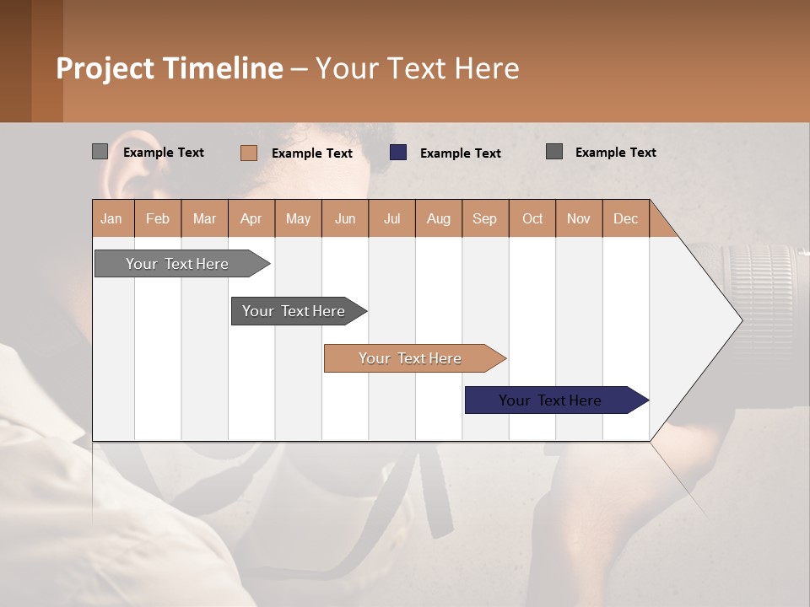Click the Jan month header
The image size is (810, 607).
112,218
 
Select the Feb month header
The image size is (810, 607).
158,218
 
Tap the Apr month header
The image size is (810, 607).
251,218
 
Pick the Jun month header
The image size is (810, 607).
345,218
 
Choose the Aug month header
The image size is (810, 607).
439,218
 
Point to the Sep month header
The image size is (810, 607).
485,218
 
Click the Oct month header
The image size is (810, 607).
532,218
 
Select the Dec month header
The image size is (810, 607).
626,218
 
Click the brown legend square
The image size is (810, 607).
249,153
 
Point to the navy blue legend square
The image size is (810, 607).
398,153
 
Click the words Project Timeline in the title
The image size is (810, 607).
170,68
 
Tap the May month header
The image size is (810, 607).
298,218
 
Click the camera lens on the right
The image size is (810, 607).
764,295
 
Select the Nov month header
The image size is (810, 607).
579,218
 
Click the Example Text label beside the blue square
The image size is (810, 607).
460,153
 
